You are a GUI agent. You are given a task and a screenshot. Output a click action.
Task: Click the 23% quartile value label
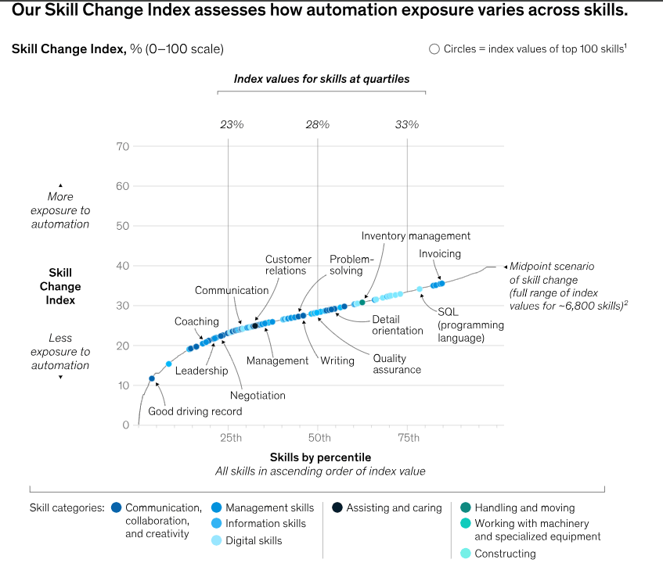point(231,124)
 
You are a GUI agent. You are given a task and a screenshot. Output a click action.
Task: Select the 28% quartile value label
point(317,124)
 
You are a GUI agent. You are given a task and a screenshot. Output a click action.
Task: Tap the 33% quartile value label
point(407,124)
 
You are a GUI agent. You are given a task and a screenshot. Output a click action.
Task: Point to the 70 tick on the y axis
point(121,146)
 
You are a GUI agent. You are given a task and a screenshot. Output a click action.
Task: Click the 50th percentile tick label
point(319,437)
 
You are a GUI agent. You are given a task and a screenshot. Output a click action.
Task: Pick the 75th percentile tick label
point(409,437)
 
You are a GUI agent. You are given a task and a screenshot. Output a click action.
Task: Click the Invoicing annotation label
point(440,254)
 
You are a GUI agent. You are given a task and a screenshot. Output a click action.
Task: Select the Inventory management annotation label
point(416,236)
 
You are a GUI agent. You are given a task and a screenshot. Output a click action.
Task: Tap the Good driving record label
point(195,411)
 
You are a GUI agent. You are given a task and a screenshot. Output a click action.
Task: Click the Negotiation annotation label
point(258,396)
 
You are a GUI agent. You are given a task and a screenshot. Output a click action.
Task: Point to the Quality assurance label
point(397,364)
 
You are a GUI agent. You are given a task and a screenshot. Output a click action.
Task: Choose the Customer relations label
point(288,265)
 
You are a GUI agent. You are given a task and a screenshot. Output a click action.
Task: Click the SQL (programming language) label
point(460,324)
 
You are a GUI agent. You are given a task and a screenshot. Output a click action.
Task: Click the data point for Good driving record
point(152,378)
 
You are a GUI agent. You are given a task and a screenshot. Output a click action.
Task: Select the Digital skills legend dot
point(217,540)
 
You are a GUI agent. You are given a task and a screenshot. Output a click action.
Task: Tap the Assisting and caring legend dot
point(337,507)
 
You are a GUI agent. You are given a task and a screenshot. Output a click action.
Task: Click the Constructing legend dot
point(466,554)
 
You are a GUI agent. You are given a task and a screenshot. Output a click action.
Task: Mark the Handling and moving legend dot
point(466,507)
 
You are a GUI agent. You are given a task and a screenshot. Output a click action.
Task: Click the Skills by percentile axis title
point(320,457)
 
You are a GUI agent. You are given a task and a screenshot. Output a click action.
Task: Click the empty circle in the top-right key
point(434,49)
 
